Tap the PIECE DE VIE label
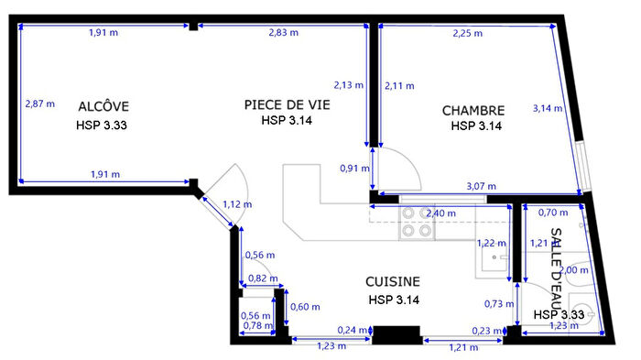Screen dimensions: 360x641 click(x=287, y=104)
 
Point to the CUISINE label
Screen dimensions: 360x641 click(x=393, y=282)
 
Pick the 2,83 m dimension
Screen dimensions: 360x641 click(x=283, y=33)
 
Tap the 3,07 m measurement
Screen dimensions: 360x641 click(x=482, y=187)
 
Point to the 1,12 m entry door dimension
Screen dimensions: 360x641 click(x=237, y=204)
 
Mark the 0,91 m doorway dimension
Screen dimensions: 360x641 click(x=350, y=169)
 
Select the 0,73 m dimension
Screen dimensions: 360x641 click(x=494, y=303)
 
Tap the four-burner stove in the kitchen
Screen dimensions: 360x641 click(x=417, y=223)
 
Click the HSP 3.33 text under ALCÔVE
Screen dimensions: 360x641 click(x=100, y=124)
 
